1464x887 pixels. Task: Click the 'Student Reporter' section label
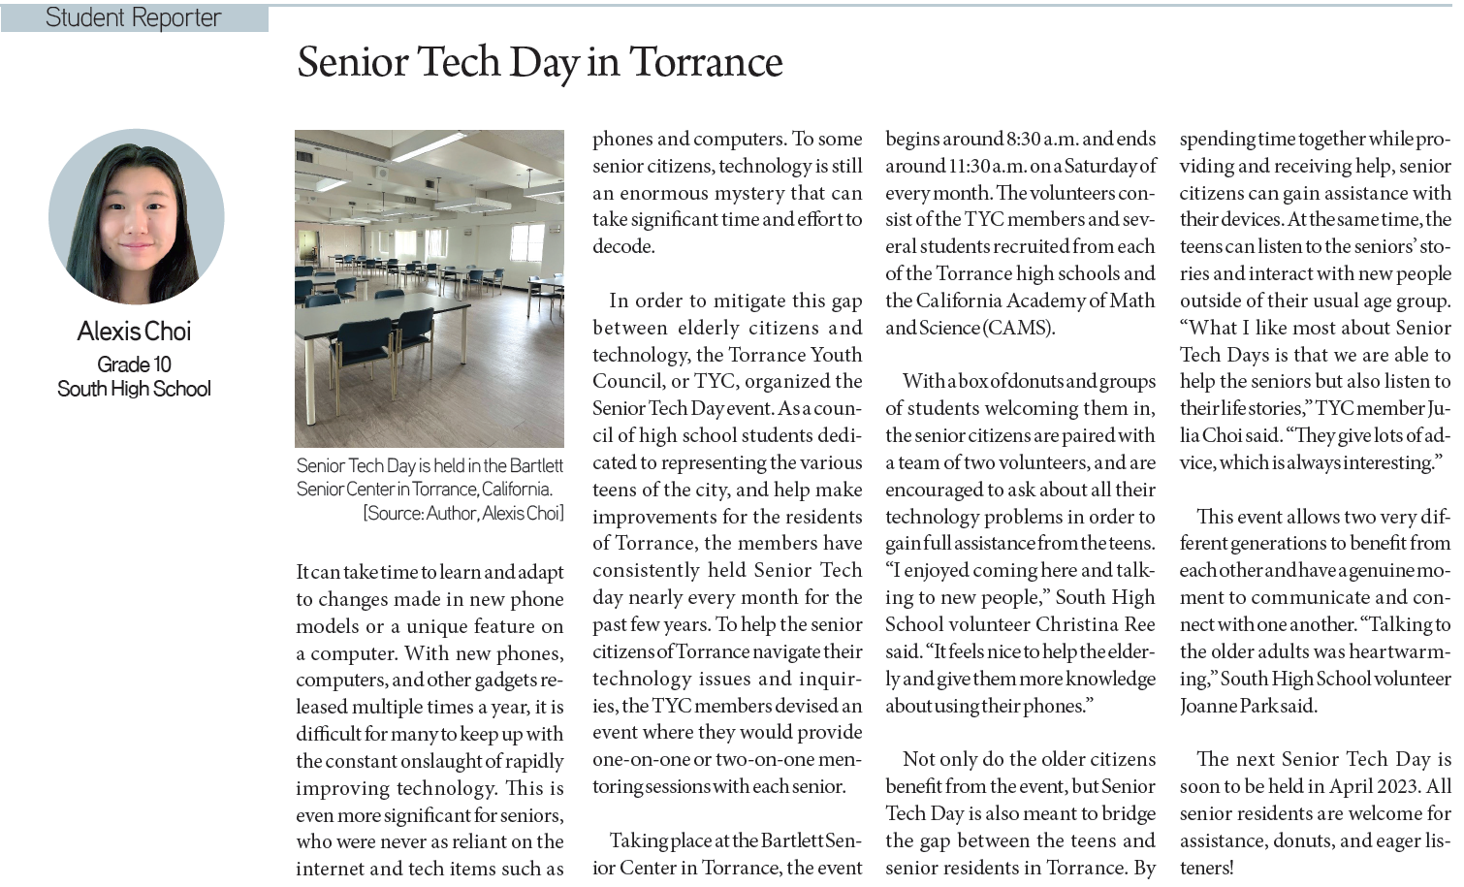pos(133,17)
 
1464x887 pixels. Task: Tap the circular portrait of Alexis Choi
pos(137,216)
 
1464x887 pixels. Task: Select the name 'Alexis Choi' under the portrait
pos(135,332)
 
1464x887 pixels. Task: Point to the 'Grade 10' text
pos(134,364)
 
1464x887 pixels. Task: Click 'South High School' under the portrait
pos(134,389)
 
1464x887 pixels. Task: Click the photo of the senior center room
pos(430,288)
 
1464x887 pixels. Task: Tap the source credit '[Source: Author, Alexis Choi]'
pos(462,513)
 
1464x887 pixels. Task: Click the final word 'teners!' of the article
pos(1207,868)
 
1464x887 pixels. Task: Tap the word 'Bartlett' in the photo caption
pos(535,465)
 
